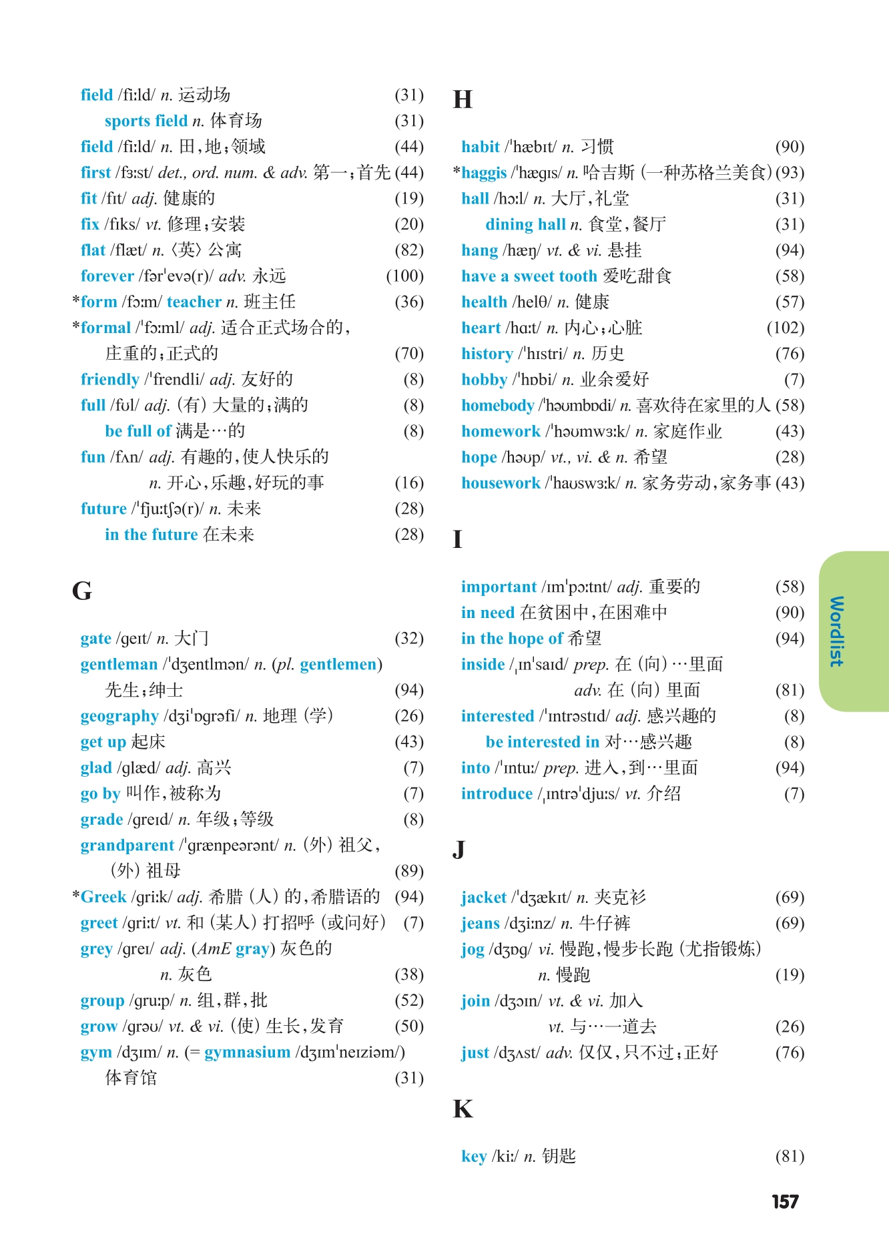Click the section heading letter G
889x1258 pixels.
81,591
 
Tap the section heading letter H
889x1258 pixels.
463,100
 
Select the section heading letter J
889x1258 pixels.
459,850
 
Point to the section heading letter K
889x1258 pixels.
463,1109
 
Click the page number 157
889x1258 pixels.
785,1202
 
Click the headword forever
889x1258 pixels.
107,276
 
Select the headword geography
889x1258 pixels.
119,716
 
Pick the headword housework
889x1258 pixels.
501,483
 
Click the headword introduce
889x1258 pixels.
497,794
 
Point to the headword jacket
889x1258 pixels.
484,898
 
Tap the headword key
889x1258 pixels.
474,1157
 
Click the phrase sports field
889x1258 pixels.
146,121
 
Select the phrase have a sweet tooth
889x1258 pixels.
529,276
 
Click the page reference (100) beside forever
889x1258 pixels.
405,276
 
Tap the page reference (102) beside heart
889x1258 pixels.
786,328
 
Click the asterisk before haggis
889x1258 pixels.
457,172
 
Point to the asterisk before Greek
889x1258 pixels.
76,895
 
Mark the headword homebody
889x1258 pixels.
497,406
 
